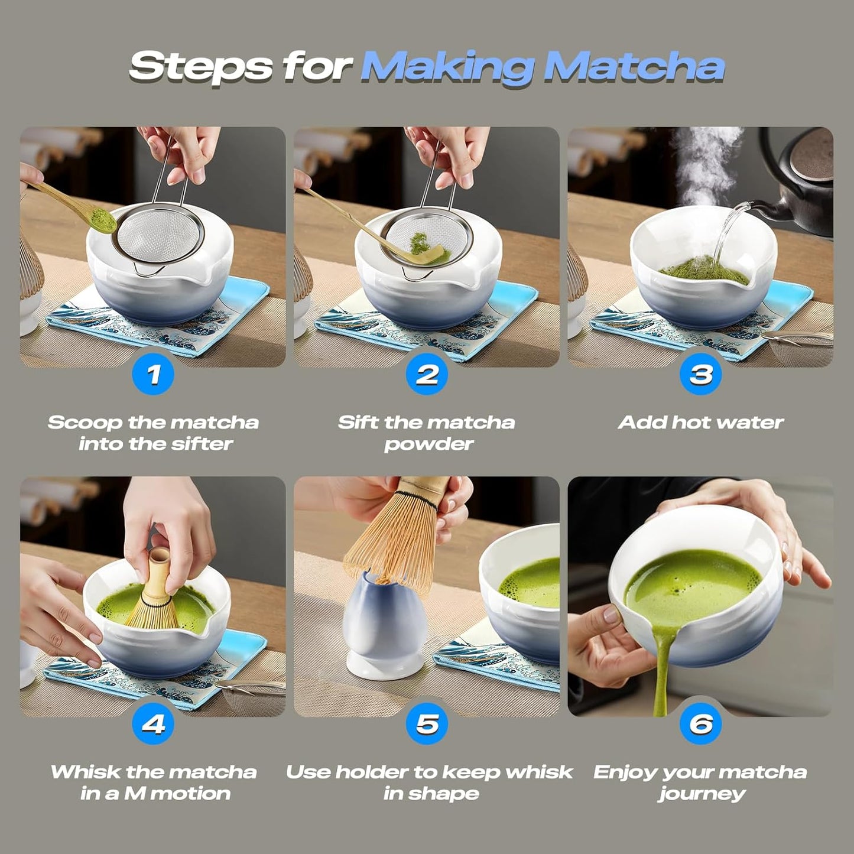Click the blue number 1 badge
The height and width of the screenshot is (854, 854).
pyautogui.click(x=153, y=374)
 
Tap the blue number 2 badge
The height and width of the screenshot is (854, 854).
pyautogui.click(x=427, y=374)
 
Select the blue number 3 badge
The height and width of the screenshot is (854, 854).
pyautogui.click(x=700, y=374)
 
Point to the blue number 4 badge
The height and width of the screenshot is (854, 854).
pyautogui.click(x=153, y=723)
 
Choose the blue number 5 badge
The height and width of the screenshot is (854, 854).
pyautogui.click(x=427, y=723)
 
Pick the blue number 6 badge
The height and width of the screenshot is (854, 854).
pyautogui.click(x=700, y=723)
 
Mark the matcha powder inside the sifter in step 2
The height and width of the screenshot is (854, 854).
pyautogui.click(x=419, y=241)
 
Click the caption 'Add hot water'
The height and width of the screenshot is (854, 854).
pyautogui.click(x=700, y=423)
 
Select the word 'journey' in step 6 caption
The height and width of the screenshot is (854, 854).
pyautogui.click(x=702, y=793)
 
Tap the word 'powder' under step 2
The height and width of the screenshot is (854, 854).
pyautogui.click(x=428, y=444)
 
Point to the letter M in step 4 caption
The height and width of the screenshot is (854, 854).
pyautogui.click(x=134, y=793)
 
